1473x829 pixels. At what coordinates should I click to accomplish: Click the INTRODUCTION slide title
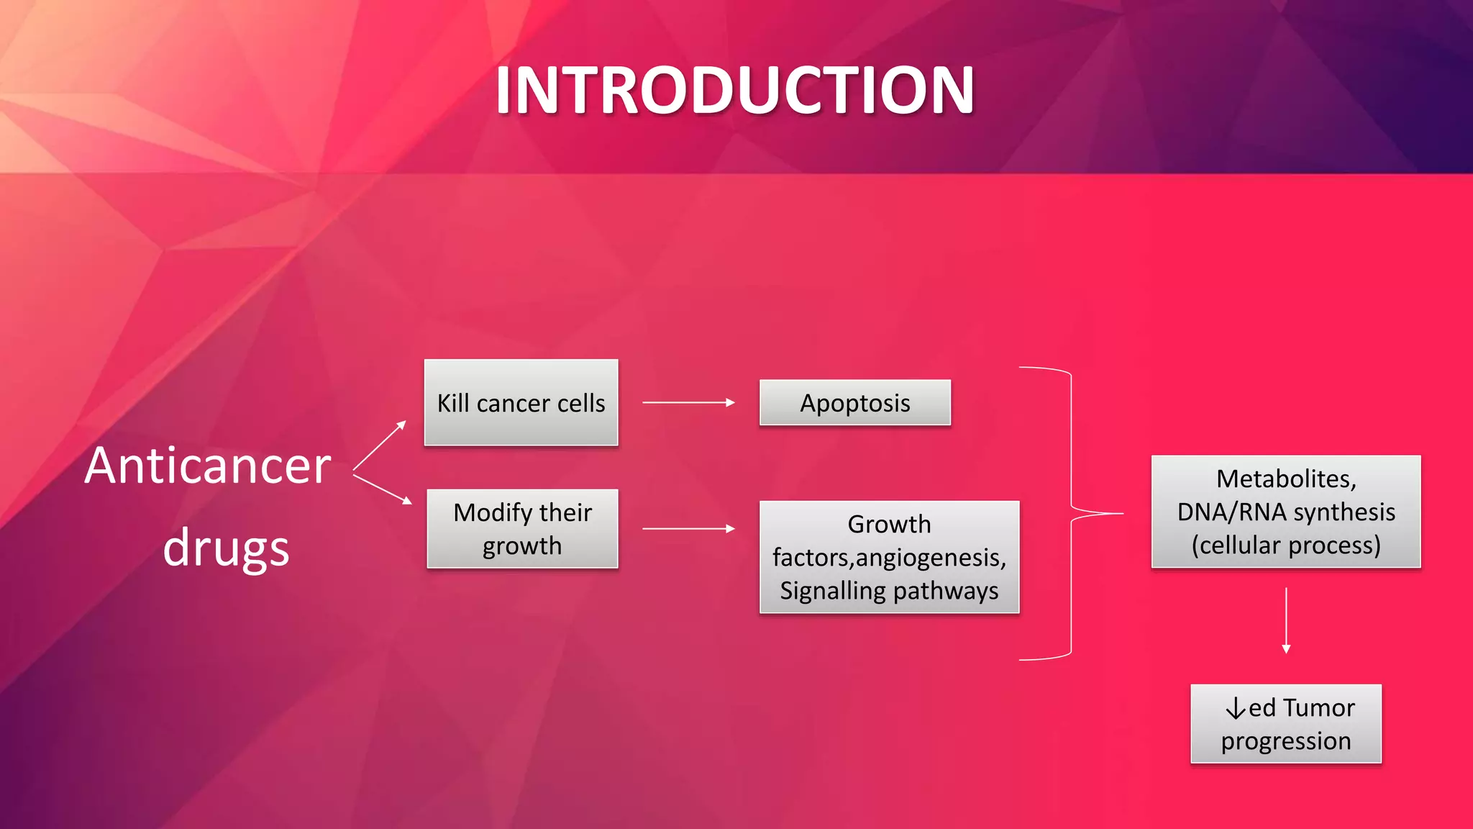click(734, 91)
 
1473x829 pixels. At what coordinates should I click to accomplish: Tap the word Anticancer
click(208, 466)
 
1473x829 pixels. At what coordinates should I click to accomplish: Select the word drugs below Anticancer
click(226, 548)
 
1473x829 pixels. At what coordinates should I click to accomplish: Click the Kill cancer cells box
click(521, 403)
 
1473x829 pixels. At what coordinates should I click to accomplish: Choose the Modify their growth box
click(522, 529)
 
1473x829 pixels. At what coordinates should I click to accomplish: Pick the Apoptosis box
click(854, 403)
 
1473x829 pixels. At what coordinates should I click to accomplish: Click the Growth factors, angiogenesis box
click(889, 557)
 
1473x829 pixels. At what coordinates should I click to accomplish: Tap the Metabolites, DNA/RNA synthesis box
click(1285, 512)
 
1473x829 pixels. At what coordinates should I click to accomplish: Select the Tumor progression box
click(1285, 724)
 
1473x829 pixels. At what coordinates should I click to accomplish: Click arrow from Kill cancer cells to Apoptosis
click(688, 403)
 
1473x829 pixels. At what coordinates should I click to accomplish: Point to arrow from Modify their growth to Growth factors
click(688, 529)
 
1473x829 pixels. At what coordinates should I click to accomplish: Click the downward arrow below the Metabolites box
click(1286, 620)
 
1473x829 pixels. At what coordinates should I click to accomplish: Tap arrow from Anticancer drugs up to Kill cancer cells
click(380, 446)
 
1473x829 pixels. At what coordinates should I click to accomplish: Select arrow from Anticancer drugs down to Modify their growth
click(382, 489)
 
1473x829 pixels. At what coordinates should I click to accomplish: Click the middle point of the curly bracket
click(1096, 513)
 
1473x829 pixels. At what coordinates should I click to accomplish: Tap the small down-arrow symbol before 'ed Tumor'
click(1236, 709)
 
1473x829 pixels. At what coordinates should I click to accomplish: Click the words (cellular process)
click(1285, 545)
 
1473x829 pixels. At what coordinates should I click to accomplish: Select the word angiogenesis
click(929, 558)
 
